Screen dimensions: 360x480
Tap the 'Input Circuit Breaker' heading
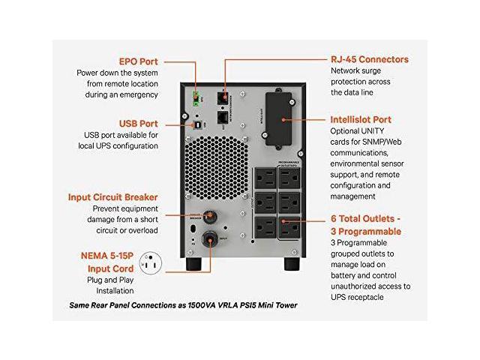pyautogui.click(x=112, y=197)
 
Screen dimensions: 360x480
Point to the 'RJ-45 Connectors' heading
pyautogui.click(x=370, y=58)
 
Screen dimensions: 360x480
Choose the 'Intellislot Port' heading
pyautogui.click(x=371, y=119)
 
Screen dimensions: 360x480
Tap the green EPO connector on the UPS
pyautogui.click(x=196, y=97)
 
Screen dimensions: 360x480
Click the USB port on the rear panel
pyautogui.click(x=196, y=127)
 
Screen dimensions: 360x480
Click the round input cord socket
pyautogui.click(x=211, y=238)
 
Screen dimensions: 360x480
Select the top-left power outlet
pyautogui.click(x=266, y=176)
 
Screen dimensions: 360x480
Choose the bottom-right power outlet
pyautogui.click(x=289, y=228)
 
